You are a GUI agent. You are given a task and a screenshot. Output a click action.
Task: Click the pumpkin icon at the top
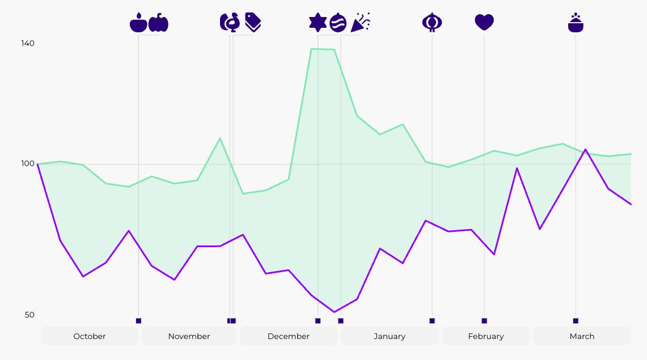click(158, 23)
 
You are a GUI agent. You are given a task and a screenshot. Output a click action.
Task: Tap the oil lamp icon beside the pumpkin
click(138, 23)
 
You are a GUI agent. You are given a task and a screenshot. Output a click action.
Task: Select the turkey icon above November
click(230, 22)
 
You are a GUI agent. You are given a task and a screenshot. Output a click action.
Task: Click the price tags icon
click(253, 22)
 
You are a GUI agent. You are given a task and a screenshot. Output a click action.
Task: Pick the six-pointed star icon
click(318, 22)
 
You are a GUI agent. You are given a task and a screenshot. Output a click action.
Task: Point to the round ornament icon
click(338, 22)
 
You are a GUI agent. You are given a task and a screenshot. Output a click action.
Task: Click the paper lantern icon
click(432, 22)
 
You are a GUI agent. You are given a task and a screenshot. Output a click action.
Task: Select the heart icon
click(484, 22)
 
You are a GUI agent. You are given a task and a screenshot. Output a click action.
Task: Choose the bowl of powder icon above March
click(576, 23)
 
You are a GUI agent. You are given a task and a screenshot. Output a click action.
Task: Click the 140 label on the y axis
click(28, 43)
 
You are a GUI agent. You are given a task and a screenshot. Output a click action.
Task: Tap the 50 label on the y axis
click(29, 315)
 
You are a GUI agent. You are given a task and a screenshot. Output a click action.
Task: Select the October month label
click(90, 336)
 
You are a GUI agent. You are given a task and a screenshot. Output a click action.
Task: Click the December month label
click(289, 336)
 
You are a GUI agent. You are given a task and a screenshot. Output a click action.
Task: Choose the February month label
click(486, 336)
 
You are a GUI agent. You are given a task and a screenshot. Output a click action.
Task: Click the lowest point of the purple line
click(335, 312)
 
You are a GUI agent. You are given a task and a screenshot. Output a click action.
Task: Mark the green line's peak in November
click(220, 138)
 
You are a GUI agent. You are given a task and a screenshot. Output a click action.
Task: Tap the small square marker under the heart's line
click(484, 321)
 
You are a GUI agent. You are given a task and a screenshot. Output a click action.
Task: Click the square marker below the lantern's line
click(432, 321)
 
